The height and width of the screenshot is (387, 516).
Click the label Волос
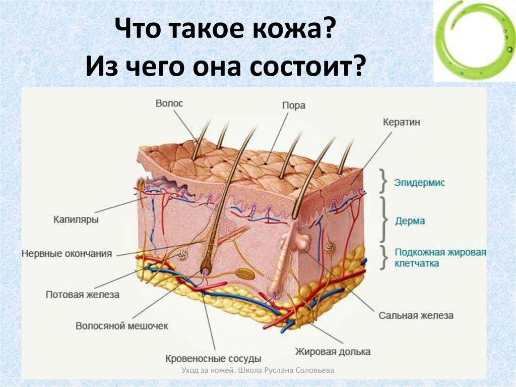(169, 103)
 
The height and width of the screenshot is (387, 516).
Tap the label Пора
(294, 105)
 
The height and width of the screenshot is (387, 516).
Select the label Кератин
(402, 122)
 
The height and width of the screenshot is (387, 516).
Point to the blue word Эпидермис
(419, 183)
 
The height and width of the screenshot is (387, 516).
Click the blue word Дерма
(410, 221)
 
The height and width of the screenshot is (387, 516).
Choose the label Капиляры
(76, 219)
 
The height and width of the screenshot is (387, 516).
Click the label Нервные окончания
(67, 254)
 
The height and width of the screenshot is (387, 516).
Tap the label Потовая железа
(83, 294)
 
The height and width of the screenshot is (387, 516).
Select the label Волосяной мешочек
(122, 326)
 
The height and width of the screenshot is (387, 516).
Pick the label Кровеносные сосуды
(213, 358)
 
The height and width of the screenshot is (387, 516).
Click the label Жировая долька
(333, 352)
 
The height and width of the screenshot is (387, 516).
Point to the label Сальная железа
(416, 315)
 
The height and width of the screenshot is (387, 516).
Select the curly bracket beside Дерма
(383, 219)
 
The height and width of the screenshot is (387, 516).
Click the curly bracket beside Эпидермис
(383, 181)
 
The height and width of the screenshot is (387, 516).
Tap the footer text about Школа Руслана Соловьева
(257, 370)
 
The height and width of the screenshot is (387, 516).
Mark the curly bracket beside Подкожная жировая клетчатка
(383, 257)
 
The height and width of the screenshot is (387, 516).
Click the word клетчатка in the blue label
(417, 264)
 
